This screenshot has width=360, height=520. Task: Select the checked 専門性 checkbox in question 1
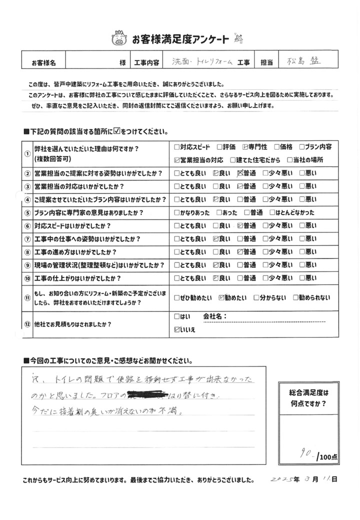[245, 147]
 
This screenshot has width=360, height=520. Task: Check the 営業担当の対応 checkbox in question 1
[177, 160]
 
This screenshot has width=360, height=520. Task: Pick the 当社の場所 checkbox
[290, 160]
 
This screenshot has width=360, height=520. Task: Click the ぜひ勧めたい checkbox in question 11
[177, 298]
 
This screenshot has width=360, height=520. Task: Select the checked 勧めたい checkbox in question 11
[222, 298]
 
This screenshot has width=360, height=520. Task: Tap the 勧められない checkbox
[296, 298]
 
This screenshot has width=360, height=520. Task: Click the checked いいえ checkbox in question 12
[177, 329]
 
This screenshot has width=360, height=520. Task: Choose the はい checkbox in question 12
[177, 317]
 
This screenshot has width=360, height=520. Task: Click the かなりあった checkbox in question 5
[177, 212]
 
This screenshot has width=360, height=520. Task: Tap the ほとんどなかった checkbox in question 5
[272, 212]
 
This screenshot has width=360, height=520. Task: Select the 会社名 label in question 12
[215, 317]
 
